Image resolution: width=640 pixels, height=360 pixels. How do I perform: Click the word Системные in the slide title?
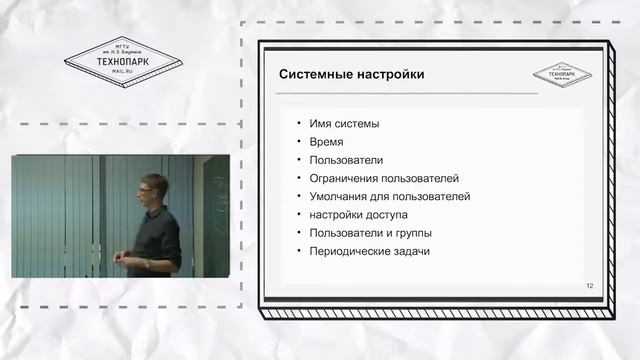coord(314,74)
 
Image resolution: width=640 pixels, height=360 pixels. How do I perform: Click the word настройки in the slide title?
coord(388,74)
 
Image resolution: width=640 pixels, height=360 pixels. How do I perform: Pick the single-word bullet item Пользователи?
coord(346,160)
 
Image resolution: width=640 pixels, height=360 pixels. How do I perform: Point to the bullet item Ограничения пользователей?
coord(383,178)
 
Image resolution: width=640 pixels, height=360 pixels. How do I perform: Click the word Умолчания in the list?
coord(340,196)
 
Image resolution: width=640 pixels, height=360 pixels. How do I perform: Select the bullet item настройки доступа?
coord(358,214)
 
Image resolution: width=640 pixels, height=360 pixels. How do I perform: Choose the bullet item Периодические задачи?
coord(369,251)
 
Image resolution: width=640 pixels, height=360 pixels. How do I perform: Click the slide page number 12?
coord(590,287)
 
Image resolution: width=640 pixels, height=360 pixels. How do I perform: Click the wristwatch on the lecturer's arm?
coord(146,262)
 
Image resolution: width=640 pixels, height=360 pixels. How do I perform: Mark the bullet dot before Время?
coord(298,142)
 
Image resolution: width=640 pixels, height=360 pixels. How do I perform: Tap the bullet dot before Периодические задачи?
coord(298,251)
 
